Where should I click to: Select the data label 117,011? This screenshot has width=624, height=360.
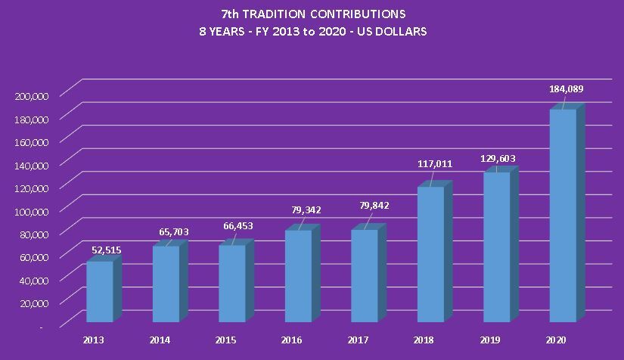tap(433, 164)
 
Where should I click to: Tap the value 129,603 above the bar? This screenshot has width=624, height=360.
tap(498, 159)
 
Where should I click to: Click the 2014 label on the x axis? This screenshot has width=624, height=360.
tap(160, 340)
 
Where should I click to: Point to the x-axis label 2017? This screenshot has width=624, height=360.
tap(358, 340)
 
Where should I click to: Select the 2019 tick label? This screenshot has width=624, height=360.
tap(489, 340)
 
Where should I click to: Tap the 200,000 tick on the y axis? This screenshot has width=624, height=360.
tap(32, 95)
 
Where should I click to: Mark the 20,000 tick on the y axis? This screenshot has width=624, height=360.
tap(35, 303)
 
